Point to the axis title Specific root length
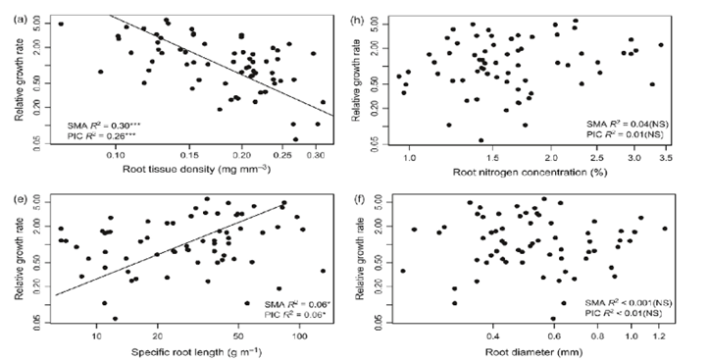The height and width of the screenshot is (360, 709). (x=187, y=350)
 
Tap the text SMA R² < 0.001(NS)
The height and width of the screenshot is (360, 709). (x=627, y=302)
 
